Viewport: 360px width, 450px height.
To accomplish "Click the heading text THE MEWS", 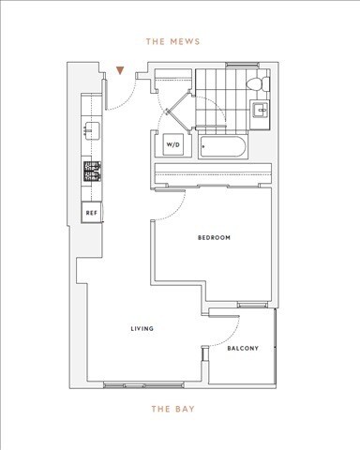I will [172, 42].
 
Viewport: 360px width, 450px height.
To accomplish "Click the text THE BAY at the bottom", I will [172, 409].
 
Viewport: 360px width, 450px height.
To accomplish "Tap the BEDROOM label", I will [214, 238].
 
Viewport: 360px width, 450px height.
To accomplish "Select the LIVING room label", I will [142, 329].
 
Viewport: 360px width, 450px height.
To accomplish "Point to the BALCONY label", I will [243, 349].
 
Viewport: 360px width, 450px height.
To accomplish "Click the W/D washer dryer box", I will [173, 145].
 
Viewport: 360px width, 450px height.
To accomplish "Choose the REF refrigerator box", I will [92, 214].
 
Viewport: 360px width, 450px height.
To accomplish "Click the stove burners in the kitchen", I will [92, 172].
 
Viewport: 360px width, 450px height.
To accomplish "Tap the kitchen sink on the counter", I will [92, 129].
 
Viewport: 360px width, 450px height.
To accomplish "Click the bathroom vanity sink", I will [262, 112].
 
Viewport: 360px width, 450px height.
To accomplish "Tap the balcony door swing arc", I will [229, 327].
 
